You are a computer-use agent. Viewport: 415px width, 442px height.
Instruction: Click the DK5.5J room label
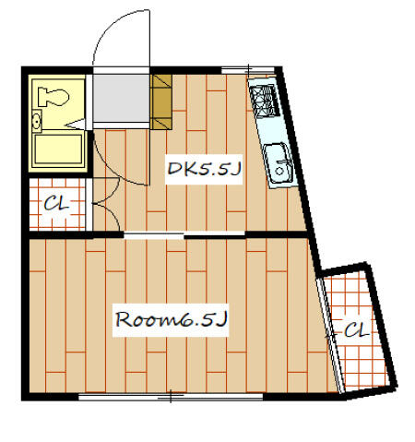pos(204,169)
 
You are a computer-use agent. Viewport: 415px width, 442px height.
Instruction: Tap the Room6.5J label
pos(171,319)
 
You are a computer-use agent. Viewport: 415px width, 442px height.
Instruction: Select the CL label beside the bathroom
pos(56,204)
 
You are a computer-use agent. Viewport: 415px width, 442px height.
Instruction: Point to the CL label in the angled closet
pos(356,330)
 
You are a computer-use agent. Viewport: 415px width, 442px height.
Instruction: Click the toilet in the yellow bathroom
pos(53,97)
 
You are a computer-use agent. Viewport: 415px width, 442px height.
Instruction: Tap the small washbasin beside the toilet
pos(37,121)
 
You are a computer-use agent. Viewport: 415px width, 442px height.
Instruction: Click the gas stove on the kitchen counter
pos(265,102)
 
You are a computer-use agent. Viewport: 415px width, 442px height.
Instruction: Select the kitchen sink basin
pos(279,163)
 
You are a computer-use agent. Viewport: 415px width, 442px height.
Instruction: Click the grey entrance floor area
pos(121,98)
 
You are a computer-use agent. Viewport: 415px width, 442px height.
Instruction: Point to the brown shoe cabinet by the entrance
pos(161,102)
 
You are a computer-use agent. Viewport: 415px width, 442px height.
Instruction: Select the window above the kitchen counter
pos(248,70)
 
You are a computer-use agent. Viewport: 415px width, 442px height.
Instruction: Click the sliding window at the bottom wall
pos(171,397)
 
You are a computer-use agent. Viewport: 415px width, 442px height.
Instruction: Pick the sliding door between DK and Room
pos(184,235)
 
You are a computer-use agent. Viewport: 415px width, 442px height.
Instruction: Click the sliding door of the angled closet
pos(330,335)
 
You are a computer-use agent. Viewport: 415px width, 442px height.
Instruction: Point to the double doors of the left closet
pos(106,204)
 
